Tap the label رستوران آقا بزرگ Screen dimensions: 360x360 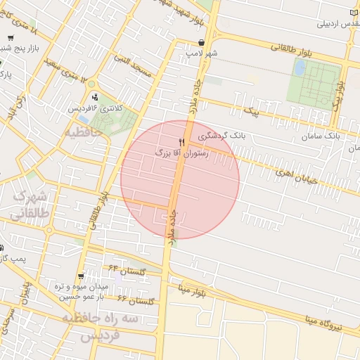[x=182, y=152]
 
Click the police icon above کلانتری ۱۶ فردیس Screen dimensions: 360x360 [x=94, y=97]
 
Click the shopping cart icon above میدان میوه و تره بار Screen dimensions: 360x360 [x=82, y=276]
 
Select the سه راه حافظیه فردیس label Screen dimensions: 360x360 [x=96, y=326]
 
